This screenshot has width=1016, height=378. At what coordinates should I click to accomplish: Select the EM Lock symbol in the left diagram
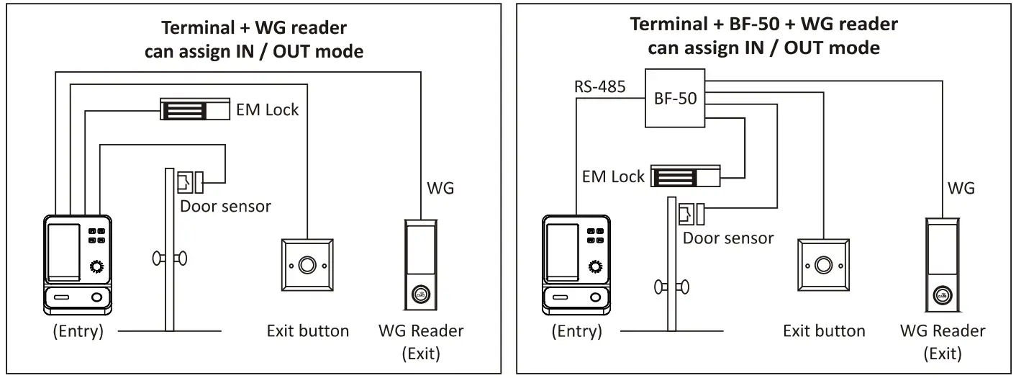[194, 110]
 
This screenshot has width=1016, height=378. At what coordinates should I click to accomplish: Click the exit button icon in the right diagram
[824, 266]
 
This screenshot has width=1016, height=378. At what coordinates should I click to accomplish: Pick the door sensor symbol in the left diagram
[190, 181]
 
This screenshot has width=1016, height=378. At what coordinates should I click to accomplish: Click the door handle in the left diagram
[168, 257]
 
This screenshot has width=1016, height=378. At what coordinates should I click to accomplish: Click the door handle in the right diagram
[670, 287]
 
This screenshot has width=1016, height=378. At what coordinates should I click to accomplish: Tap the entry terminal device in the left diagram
[78, 263]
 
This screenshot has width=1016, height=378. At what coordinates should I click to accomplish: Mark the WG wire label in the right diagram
[961, 189]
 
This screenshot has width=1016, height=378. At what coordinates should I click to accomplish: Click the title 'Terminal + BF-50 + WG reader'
[763, 24]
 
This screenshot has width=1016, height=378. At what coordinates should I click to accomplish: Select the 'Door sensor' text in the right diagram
[728, 238]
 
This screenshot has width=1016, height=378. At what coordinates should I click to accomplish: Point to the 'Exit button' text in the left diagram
[307, 331]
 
